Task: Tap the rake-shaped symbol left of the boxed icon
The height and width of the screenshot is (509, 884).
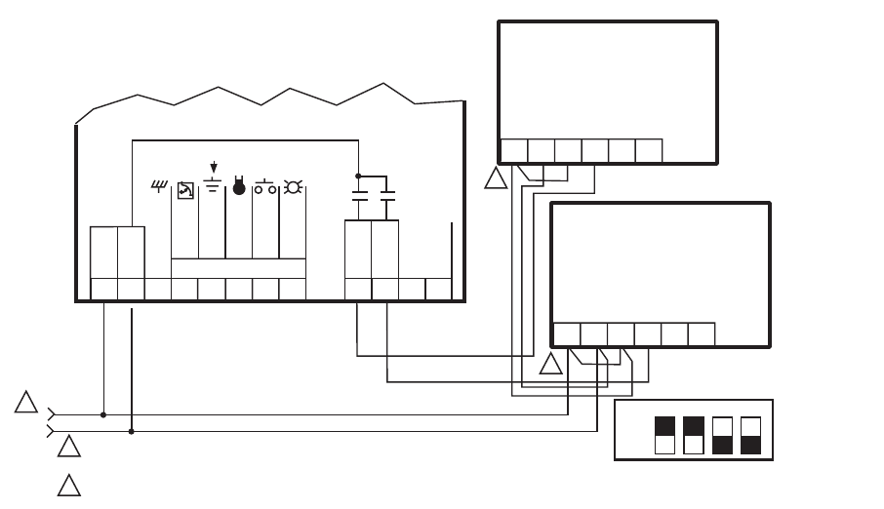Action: tap(159, 186)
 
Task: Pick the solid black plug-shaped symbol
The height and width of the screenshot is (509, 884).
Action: tap(239, 187)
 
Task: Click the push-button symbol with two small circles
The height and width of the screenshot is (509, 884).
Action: tap(265, 187)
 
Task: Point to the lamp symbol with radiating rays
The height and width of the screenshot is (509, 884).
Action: tap(292, 187)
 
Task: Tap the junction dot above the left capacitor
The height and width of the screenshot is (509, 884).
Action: tap(359, 176)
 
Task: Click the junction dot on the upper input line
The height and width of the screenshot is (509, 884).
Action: tap(103, 414)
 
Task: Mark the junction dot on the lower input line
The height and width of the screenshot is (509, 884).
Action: tap(132, 431)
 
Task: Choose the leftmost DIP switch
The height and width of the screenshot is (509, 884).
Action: tap(664, 435)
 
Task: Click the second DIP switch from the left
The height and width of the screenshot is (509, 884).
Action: tap(694, 435)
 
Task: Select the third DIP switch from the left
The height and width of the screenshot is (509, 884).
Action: tap(723, 435)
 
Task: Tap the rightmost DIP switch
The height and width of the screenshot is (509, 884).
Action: tap(750, 435)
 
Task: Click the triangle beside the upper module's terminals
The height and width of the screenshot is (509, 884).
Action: tap(496, 179)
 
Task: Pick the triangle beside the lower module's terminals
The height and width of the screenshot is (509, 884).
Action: tap(551, 365)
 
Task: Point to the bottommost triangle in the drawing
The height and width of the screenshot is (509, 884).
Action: tap(68, 486)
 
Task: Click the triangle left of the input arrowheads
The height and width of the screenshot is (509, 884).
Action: tap(26, 403)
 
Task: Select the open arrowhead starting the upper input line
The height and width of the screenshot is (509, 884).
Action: tap(52, 414)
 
